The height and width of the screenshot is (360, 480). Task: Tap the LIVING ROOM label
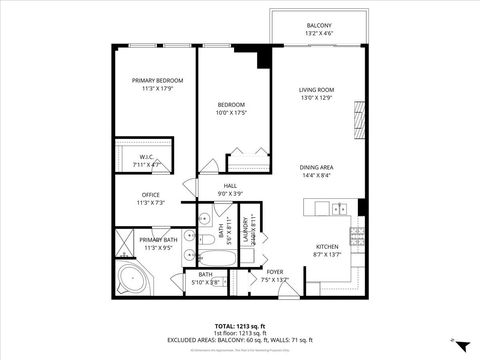pyautogui.click(x=316, y=90)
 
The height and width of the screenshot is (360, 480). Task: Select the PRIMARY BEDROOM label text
pyautogui.click(x=154, y=79)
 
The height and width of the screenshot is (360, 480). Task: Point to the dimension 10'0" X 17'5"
pyautogui.click(x=232, y=113)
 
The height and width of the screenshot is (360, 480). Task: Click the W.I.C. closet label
pyautogui.click(x=145, y=156)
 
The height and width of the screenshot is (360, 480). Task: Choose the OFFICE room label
pyautogui.click(x=152, y=195)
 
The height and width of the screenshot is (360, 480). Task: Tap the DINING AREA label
pyautogui.click(x=316, y=167)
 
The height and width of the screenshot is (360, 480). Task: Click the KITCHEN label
pyautogui.click(x=329, y=246)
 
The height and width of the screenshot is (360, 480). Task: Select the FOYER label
pyautogui.click(x=274, y=271)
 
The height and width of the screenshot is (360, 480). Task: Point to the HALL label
pyautogui.click(x=230, y=186)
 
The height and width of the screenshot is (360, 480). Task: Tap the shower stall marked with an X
pyautogui.click(x=124, y=243)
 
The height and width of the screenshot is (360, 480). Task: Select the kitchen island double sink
pyautogui.click(x=340, y=209)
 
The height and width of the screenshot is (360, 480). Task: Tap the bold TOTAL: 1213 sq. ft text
pyautogui.click(x=240, y=325)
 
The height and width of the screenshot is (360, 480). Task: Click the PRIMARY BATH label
pyautogui.click(x=157, y=240)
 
